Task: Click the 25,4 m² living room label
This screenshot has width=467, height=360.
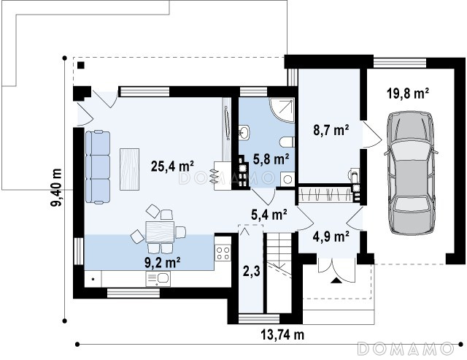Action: pyautogui.click(x=172, y=166)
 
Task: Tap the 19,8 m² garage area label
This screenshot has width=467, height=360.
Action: pyautogui.click(x=408, y=93)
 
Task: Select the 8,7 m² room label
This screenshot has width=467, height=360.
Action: pyautogui.click(x=331, y=130)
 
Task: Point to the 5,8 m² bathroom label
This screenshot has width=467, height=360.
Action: pyautogui.click(x=271, y=159)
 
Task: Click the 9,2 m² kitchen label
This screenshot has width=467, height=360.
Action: pyautogui.click(x=162, y=263)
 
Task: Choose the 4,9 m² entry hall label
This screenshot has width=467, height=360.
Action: pyautogui.click(x=331, y=237)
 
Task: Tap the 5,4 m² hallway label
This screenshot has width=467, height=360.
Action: pyautogui.click(x=269, y=215)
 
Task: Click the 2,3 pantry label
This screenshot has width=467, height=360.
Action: pyautogui.click(x=251, y=272)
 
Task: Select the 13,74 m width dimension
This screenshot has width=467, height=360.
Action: pyautogui.click(x=282, y=334)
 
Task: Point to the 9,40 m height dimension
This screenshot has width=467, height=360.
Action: pyautogui.click(x=56, y=188)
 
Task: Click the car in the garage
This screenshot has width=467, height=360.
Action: pyautogui.click(x=411, y=173)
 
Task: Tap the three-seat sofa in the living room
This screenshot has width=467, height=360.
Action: pyautogui.click(x=98, y=167)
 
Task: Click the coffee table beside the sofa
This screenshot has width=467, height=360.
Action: pyautogui.click(x=130, y=169)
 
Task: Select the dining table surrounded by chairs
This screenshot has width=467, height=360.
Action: pyautogui.click(x=160, y=231)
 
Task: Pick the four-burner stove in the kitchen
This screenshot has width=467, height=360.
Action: pyautogui.click(x=223, y=253)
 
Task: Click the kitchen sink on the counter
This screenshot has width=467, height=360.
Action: pyautogui.click(x=158, y=279)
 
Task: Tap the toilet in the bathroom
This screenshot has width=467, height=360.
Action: pyautogui.click(x=287, y=142)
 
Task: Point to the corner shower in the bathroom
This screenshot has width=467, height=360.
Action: pyautogui.click(x=282, y=110)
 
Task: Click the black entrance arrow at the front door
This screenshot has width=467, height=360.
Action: pyautogui.click(x=336, y=280)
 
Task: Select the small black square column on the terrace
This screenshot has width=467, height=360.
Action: pyautogui.click(x=81, y=65)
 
